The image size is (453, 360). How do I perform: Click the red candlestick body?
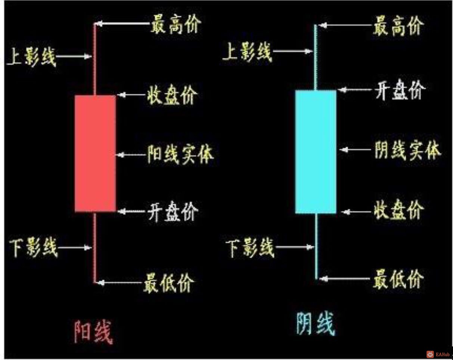tap(95, 153)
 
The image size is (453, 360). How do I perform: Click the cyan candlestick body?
tap(316, 151)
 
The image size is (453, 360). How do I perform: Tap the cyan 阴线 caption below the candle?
tap(316, 324)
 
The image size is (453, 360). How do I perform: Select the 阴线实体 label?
tap(407, 150)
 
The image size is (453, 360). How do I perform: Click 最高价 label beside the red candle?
tap(176, 25)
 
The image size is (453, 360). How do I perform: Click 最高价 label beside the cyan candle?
tap(398, 26)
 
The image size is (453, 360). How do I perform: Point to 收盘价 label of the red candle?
tap(172, 95)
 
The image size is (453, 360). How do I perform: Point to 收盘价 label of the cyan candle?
tap(398, 210)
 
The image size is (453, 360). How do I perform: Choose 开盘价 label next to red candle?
tap(173, 212)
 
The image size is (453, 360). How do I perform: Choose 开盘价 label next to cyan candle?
tap(400, 90)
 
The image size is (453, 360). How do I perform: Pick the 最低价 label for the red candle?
tap(169, 283)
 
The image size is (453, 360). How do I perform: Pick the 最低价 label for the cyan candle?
tap(398, 279)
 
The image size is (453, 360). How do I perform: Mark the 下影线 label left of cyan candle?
tap(250, 247)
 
